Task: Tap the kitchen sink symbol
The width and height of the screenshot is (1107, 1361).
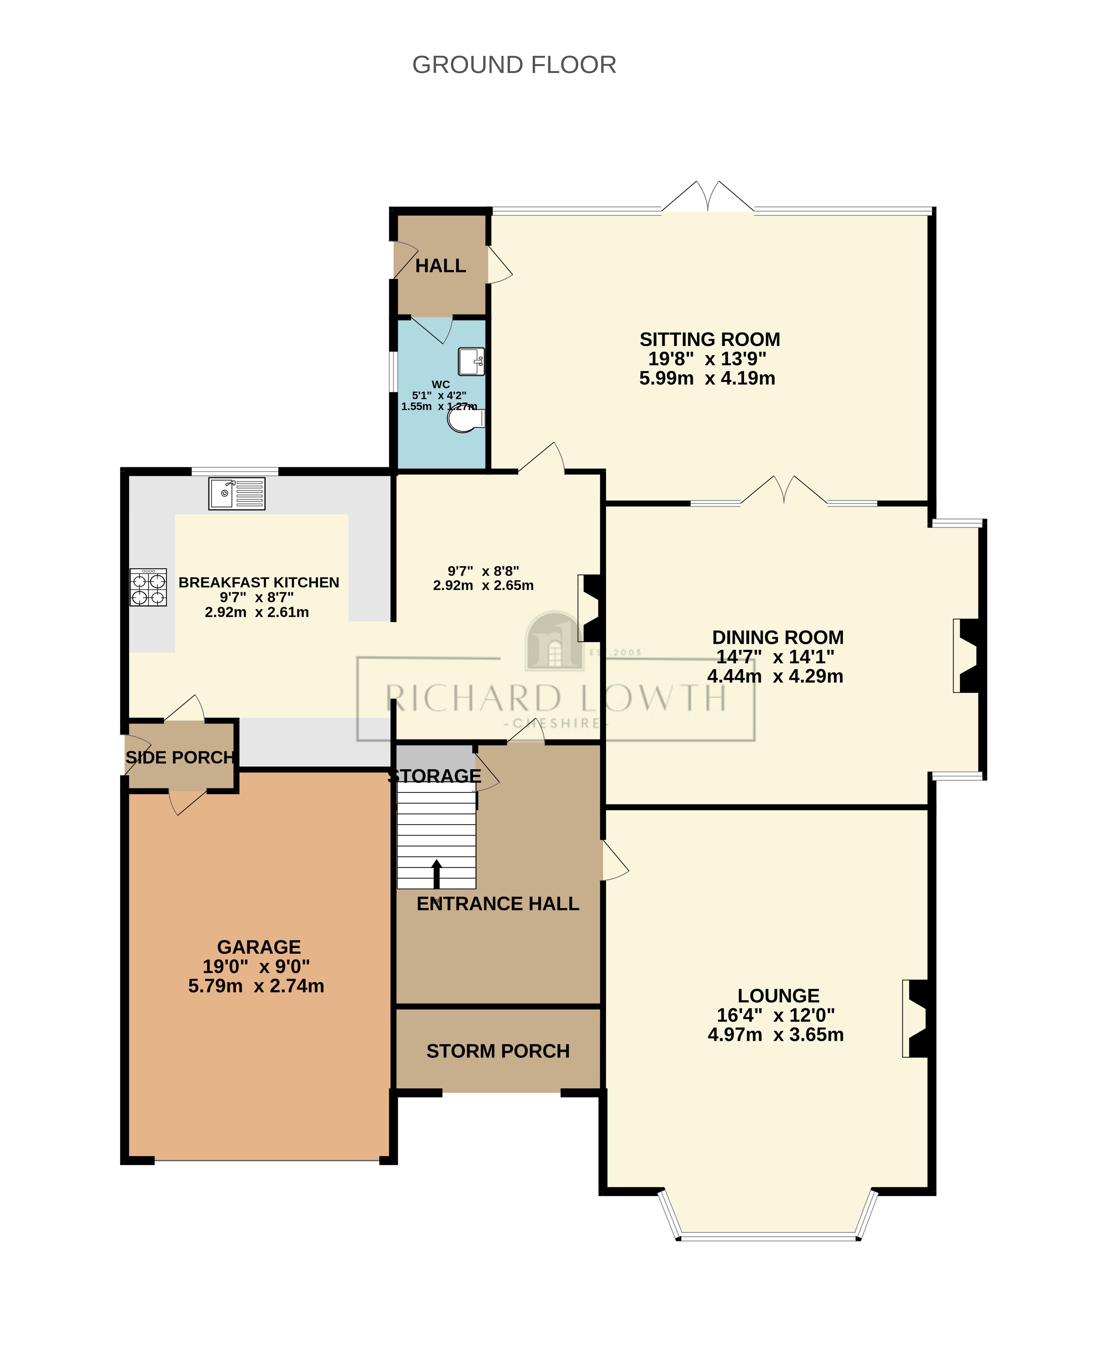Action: tap(237, 493)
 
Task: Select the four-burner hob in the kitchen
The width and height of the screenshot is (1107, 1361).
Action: tap(148, 587)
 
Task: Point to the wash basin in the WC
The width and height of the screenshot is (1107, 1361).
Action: tap(471, 362)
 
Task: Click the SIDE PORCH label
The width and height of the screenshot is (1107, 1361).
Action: tap(180, 757)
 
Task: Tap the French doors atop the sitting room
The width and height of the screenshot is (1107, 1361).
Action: tap(708, 198)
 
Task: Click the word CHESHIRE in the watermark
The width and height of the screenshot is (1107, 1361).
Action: tap(556, 724)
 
